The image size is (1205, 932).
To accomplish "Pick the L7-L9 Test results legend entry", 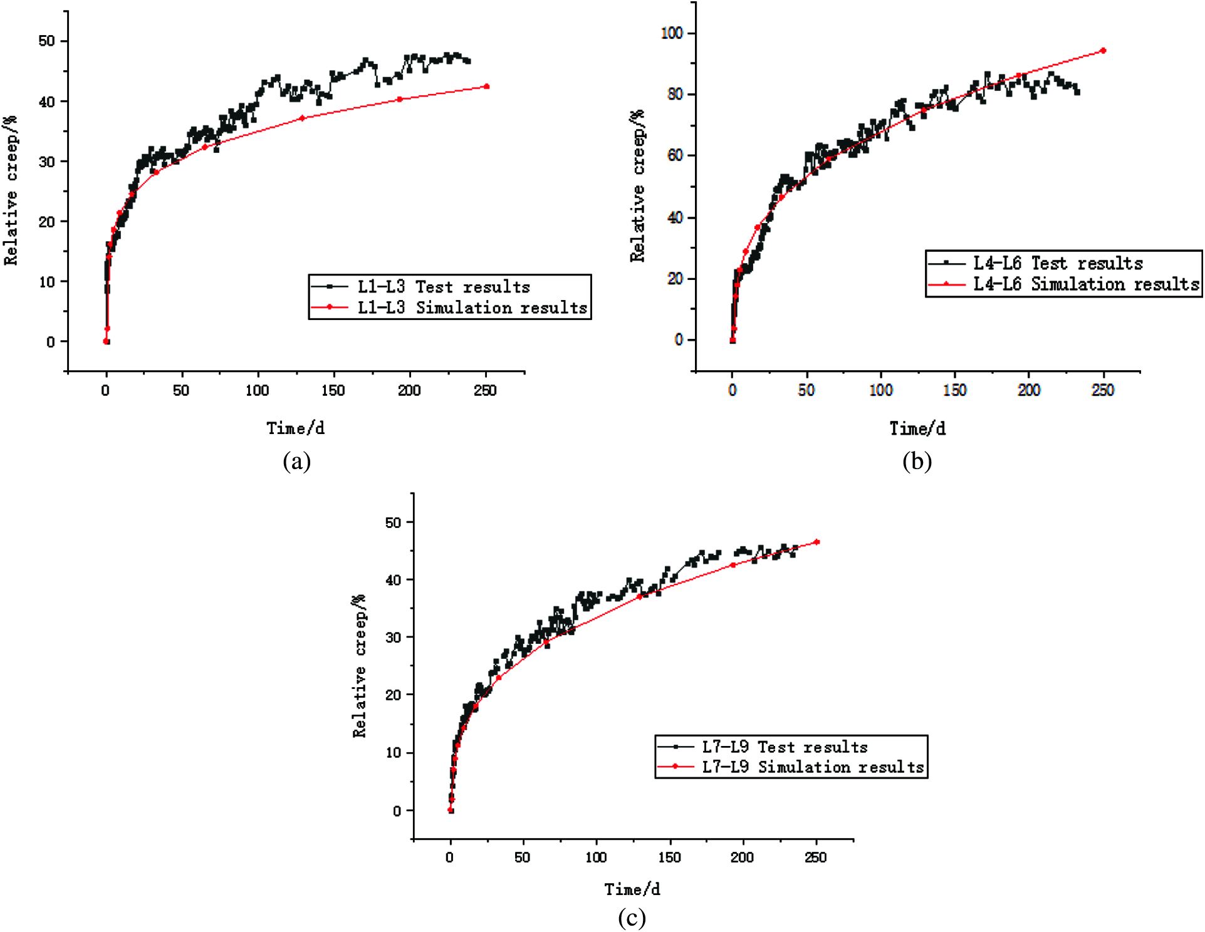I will tap(784, 747).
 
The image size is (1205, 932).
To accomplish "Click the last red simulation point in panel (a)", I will tap(487, 86).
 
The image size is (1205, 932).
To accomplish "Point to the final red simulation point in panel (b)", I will tap(1103, 51).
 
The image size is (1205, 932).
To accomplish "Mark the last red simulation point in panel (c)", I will tap(816, 542).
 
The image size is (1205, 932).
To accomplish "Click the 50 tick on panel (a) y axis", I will tap(47, 41).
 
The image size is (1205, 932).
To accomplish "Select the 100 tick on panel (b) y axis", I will tap(672, 33).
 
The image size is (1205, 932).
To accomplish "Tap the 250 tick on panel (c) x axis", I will tap(815, 857).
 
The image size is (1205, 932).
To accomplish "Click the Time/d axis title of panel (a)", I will tap(296, 428).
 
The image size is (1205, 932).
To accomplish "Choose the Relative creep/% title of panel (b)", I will tap(637, 186).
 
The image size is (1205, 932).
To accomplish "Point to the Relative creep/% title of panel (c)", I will tap(359, 666).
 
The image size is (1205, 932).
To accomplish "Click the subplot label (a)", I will tap(296, 462).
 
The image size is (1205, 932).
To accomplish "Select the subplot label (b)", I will tap(917, 462).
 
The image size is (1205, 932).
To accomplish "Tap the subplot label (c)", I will tap(632, 918).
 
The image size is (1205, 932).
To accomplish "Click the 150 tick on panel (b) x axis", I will tap(954, 390).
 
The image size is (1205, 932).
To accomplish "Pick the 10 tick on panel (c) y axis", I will tap(393, 753).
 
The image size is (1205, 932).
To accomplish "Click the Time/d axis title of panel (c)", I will tap(632, 889).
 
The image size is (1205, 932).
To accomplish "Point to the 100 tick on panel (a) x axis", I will tap(257, 391).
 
